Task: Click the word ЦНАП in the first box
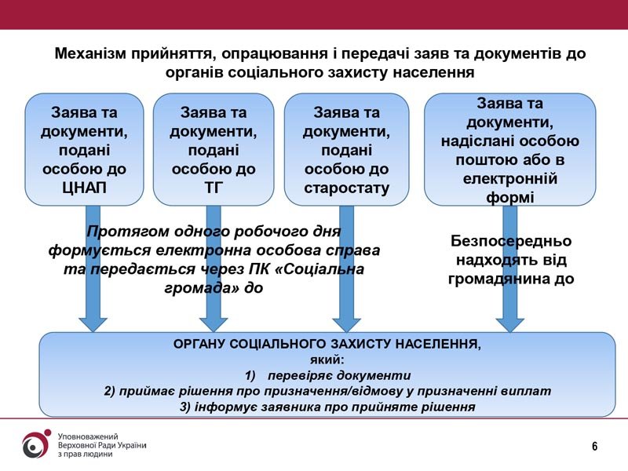coord(85,188)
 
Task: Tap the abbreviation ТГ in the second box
coord(214,188)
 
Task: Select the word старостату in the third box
coord(346,188)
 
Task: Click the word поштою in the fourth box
coord(483,160)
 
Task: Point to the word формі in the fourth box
coord(509,198)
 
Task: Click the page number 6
coord(595,446)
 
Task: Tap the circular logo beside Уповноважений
coord(36,444)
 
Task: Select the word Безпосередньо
coord(511,241)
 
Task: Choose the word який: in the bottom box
coord(327,360)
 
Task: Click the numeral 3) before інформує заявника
coord(185,407)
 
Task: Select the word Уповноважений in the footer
coord(88,436)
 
